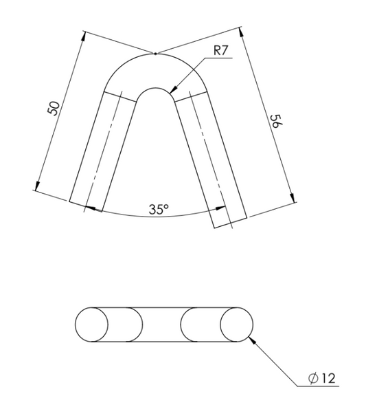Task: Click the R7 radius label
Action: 220,50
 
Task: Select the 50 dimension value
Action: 54,108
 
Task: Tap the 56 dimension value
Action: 277,121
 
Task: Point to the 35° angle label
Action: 159,209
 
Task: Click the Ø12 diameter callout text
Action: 322,378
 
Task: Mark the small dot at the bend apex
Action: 155,54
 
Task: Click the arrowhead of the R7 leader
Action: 173,89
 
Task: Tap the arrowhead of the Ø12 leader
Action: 253,340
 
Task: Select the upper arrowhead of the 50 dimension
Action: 83,36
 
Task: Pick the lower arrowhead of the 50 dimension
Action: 37,186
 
